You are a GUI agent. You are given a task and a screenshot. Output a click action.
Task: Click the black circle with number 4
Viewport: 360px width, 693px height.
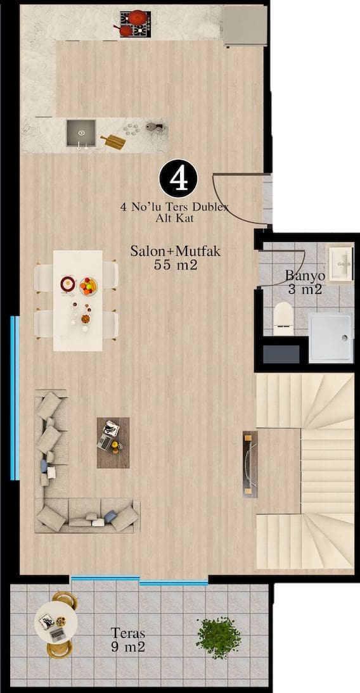point(178,178)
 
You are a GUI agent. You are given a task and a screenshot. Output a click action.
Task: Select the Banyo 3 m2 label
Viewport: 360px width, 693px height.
point(305,283)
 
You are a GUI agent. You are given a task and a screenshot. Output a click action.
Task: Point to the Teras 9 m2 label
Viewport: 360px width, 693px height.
point(128,640)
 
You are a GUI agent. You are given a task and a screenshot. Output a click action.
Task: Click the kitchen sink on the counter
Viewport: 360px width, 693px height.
point(81,133)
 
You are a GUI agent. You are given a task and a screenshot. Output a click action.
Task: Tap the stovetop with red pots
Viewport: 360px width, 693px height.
point(135,24)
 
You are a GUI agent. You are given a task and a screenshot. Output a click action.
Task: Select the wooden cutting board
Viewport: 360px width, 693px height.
point(113,142)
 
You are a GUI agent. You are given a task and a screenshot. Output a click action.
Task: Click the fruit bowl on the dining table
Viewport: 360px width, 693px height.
point(88,286)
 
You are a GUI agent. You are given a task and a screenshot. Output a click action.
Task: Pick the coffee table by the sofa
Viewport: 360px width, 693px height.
point(113,442)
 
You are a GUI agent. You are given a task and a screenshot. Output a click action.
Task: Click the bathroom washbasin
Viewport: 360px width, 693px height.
point(340,264)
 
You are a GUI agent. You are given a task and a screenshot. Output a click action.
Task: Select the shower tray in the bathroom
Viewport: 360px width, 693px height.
point(331,337)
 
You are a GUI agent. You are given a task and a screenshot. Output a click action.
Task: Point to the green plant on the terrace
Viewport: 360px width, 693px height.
point(219,637)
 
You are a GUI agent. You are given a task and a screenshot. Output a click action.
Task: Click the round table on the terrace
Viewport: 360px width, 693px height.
point(56,622)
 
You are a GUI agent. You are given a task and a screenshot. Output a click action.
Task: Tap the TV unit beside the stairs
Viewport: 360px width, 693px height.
point(250,464)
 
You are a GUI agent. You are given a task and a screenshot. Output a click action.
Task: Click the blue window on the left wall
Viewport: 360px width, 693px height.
point(15,398)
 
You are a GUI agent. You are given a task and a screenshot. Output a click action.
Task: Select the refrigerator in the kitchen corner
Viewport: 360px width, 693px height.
point(245,25)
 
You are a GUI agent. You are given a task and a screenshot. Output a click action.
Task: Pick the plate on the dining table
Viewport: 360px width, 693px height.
point(68,284)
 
